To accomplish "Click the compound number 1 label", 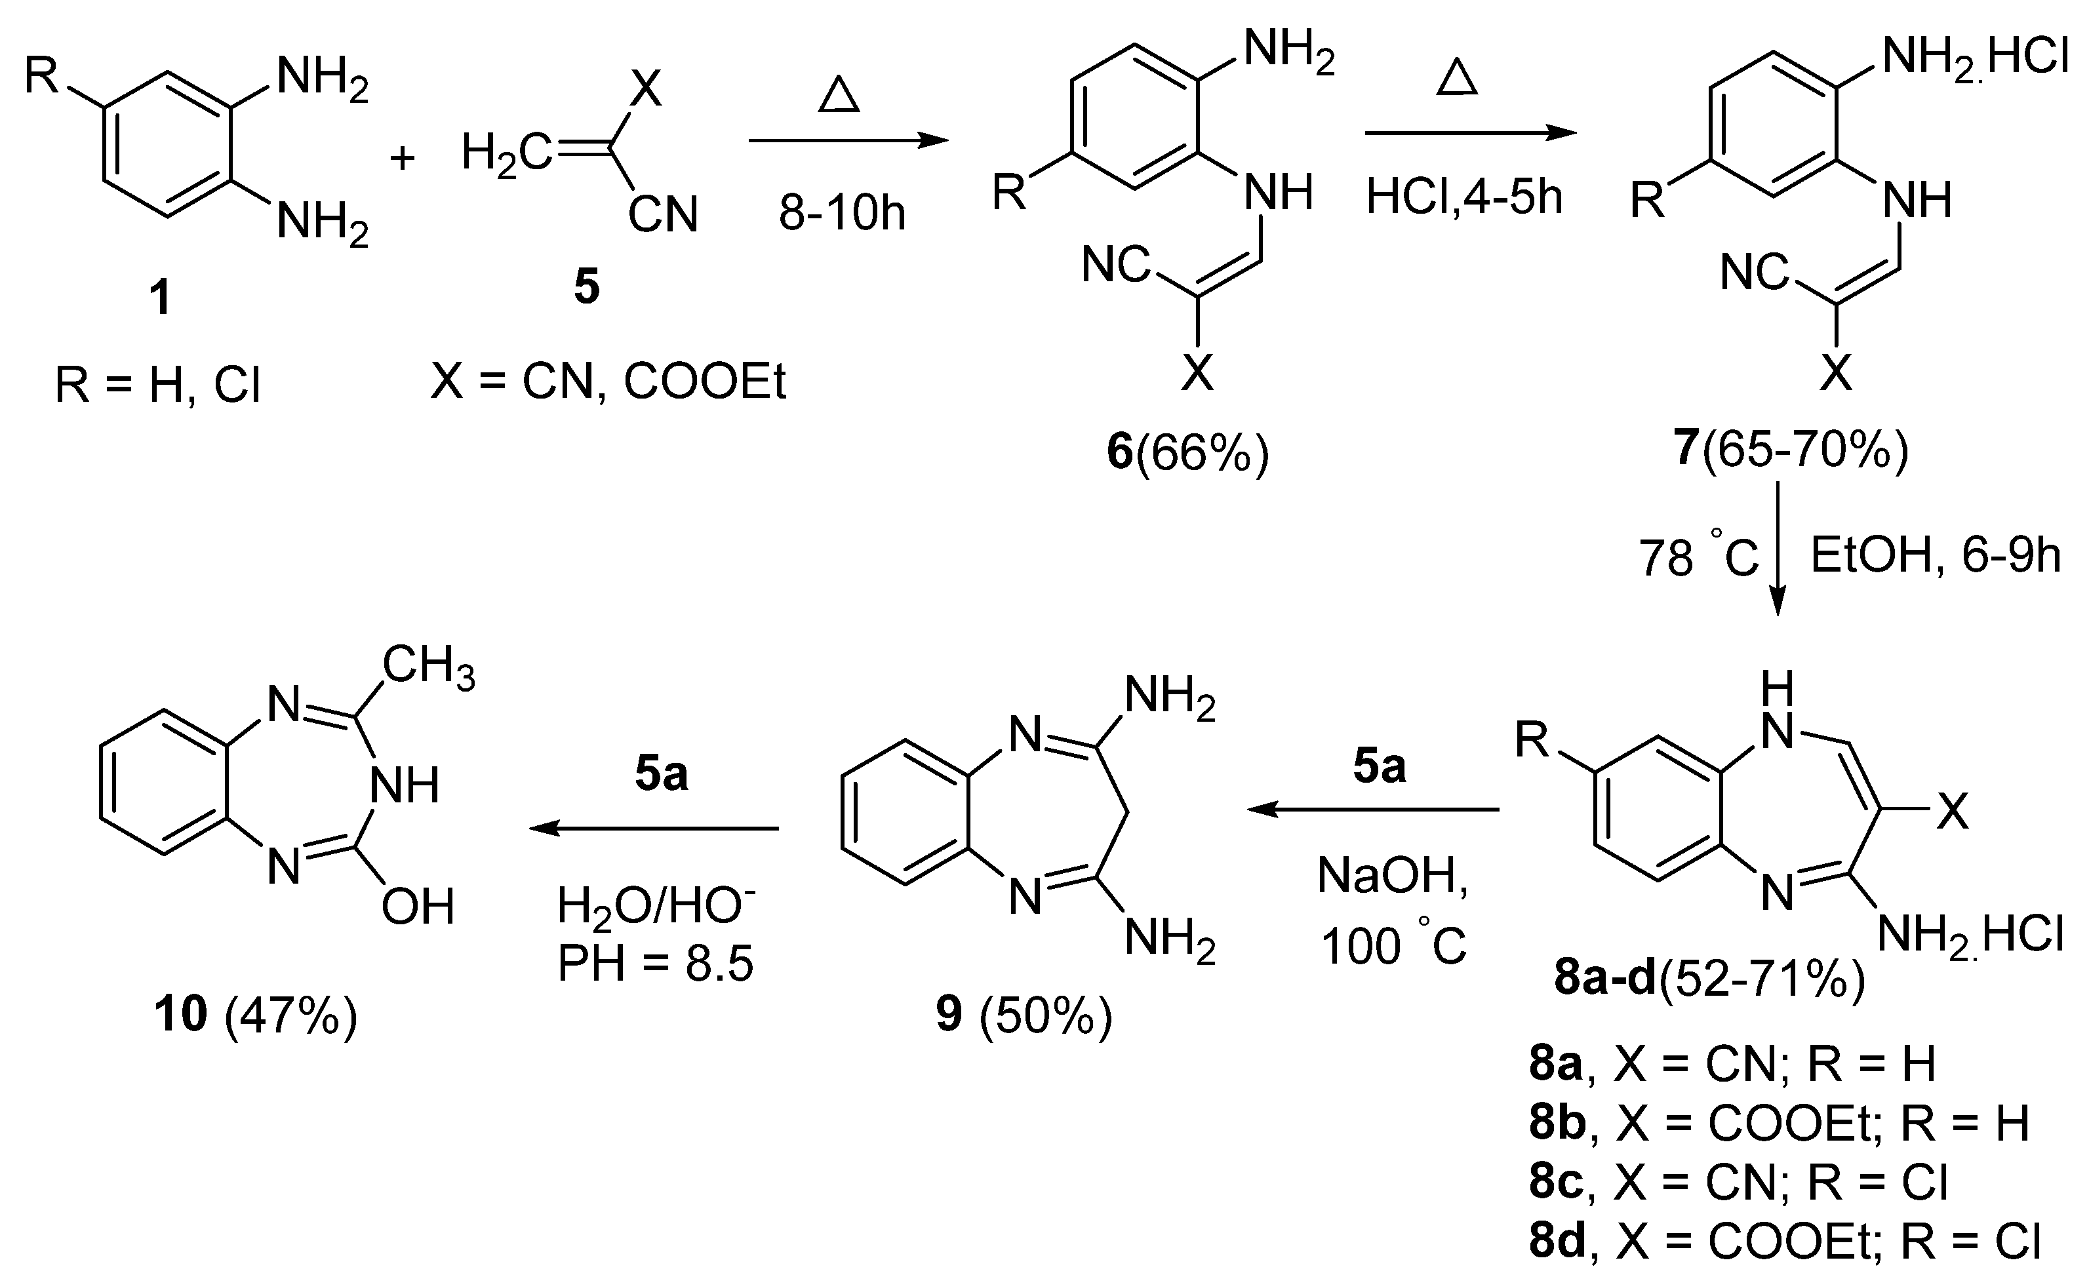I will pos(159,298).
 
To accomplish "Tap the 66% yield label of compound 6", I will pos(1203,454).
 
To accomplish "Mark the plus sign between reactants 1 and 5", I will pos(402,159).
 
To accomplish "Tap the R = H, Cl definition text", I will pos(158,385).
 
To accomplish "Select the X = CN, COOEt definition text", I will pos(608,382).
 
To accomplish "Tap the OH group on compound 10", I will pos(417,908).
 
